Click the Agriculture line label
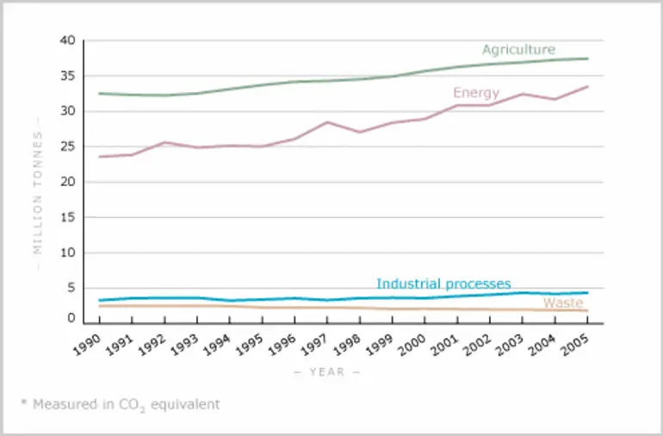(518, 49)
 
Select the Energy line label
(476, 92)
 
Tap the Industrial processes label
(443, 283)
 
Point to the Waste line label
(562, 302)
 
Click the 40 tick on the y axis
(67, 40)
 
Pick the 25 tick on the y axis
(67, 146)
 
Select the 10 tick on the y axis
(67, 253)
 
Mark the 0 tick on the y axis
(71, 318)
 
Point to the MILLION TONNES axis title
(37, 193)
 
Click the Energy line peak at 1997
(327, 122)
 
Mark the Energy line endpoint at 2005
(587, 86)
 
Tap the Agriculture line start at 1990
(100, 93)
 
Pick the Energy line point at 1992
(164, 142)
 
